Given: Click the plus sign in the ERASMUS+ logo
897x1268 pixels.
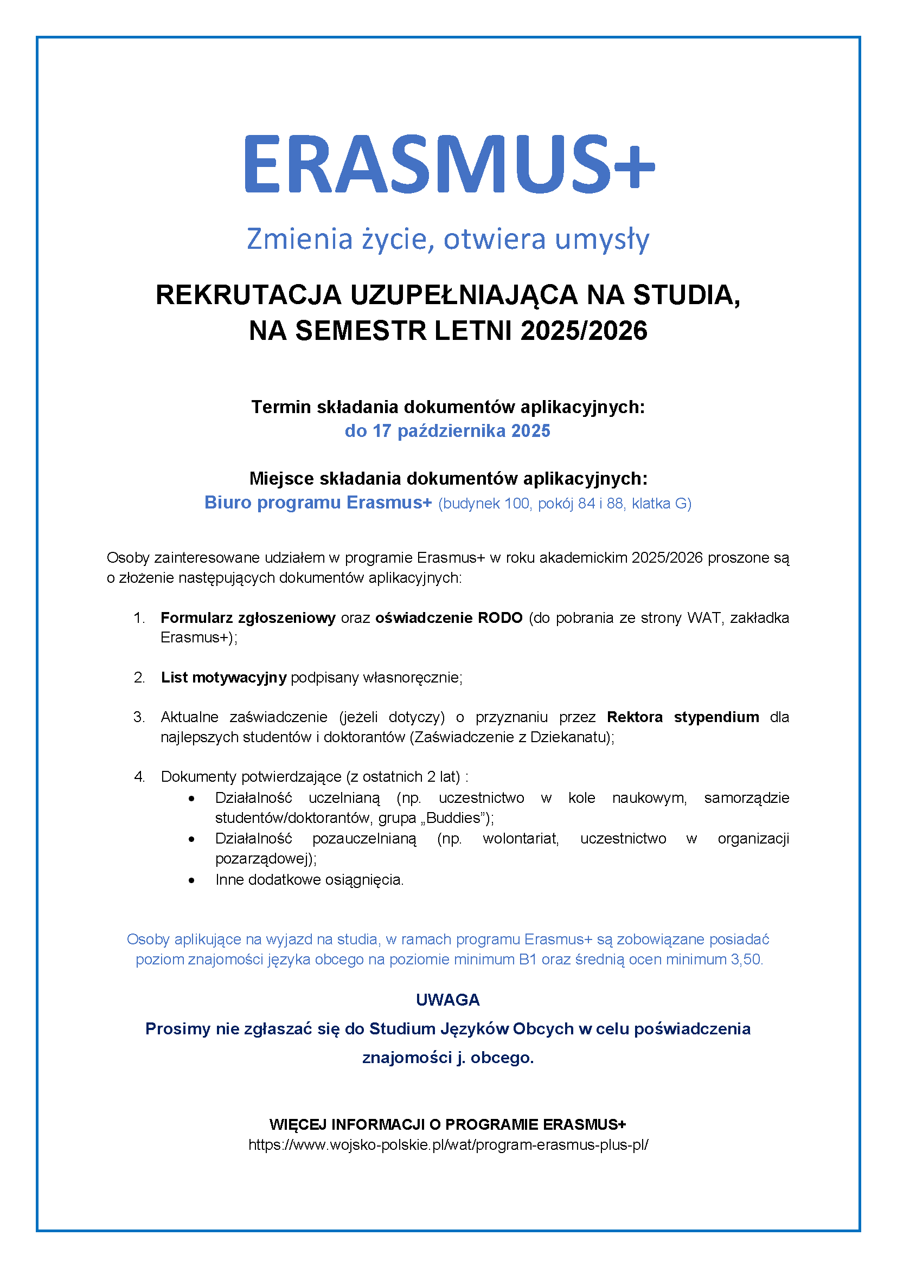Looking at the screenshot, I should (633, 166).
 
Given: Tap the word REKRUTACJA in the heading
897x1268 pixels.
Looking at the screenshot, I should (248, 295).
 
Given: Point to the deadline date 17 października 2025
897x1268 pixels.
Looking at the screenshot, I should (461, 431).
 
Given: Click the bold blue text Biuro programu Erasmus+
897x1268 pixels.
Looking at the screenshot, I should (318, 503).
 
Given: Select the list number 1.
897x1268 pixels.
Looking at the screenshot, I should (139, 617).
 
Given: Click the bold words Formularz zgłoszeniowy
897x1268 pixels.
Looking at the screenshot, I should (248, 617).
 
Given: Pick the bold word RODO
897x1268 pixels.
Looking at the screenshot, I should (500, 617).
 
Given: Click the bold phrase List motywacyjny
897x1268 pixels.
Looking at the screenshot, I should (223, 677).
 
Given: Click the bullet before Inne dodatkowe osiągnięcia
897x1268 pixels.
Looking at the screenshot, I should (191, 880).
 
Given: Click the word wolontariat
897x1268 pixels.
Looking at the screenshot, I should (520, 838).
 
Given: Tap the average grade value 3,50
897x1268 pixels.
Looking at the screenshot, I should (746, 960).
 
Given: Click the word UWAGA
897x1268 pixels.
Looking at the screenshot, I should (448, 1000).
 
